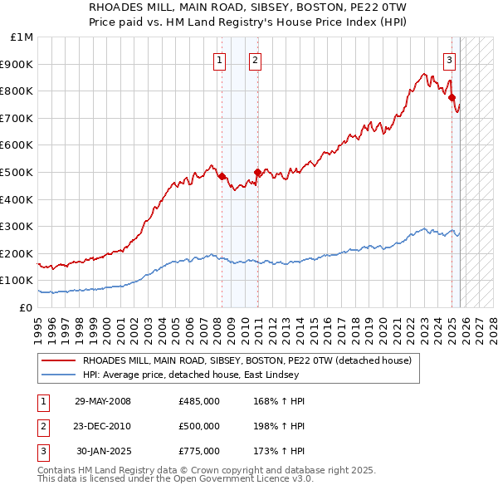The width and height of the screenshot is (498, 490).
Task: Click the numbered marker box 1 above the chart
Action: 219,59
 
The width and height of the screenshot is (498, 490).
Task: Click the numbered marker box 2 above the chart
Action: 255,59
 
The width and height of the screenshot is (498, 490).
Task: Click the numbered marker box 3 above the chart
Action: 449,59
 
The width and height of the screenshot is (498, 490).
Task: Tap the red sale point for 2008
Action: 222,176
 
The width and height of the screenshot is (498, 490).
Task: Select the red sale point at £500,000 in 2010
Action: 257,172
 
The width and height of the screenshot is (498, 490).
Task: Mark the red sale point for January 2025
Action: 452,98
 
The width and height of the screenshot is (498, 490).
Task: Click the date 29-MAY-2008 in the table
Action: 102,401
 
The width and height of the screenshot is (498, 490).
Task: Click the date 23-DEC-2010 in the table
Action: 102,426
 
